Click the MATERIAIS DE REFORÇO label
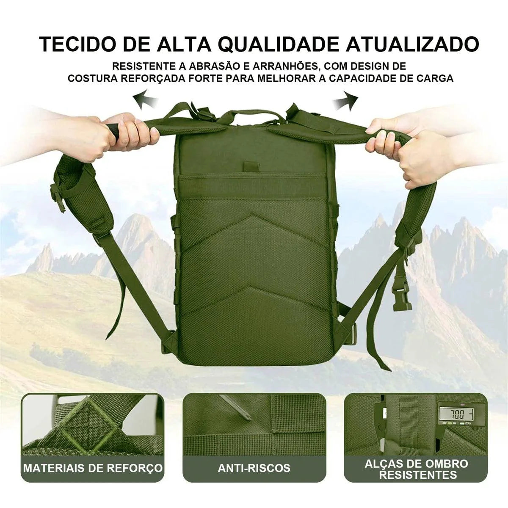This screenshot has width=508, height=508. click(93, 468)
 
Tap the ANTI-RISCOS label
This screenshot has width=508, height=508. click(254, 468)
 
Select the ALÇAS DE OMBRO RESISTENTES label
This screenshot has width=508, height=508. click(417, 469)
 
